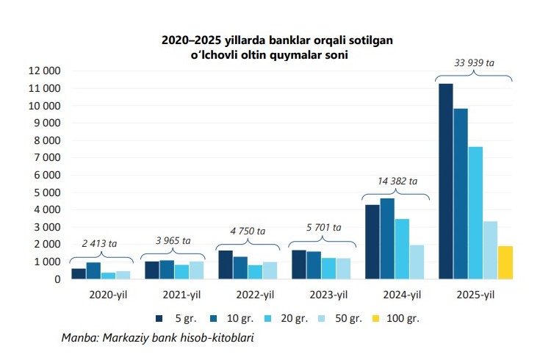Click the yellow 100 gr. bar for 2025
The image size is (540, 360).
click(x=504, y=262)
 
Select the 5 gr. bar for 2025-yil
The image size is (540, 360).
click(x=446, y=181)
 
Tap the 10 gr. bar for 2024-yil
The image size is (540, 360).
click(x=387, y=239)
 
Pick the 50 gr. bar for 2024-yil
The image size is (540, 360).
click(x=417, y=262)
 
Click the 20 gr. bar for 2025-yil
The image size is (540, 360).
click(x=475, y=213)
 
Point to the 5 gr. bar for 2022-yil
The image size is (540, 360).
click(x=226, y=264)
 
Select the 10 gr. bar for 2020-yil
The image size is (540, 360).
click(x=93, y=270)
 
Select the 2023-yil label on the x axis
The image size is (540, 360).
click(x=328, y=295)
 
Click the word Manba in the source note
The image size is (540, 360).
click(x=77, y=338)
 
